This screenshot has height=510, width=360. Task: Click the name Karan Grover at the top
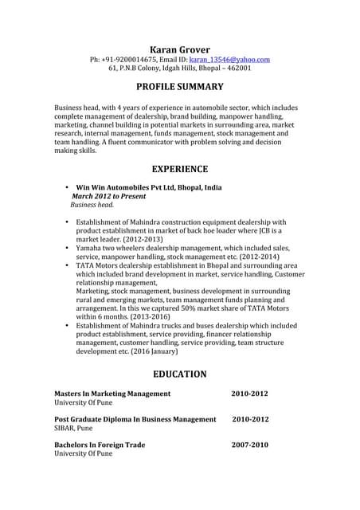(x=179, y=49)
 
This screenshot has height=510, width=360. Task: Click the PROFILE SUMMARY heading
(x=179, y=87)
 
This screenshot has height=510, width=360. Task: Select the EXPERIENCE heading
(x=179, y=169)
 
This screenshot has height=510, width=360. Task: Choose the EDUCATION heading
(x=179, y=374)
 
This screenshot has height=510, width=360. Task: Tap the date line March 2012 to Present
(x=109, y=196)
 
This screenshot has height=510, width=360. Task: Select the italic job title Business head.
(x=92, y=205)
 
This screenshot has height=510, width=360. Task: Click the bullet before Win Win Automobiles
(x=67, y=187)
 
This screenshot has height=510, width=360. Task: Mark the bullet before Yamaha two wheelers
(x=67, y=249)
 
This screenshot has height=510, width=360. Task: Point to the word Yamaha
(x=90, y=249)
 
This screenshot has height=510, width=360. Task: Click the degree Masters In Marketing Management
(x=112, y=394)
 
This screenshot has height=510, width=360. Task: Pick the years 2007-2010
(x=249, y=445)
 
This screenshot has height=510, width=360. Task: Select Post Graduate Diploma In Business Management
(x=135, y=419)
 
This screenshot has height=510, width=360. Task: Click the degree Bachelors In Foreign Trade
(x=100, y=445)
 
